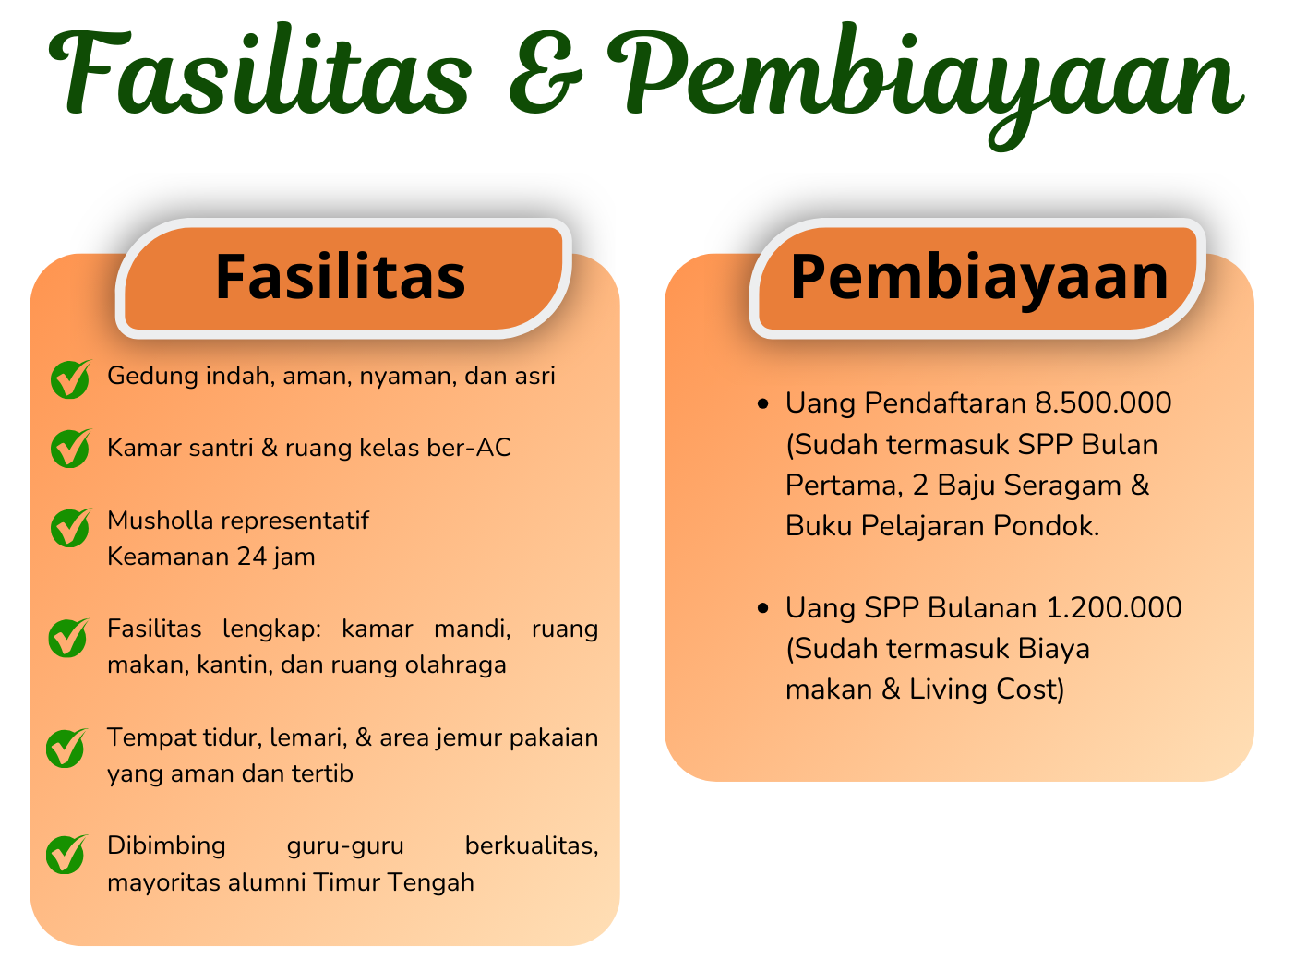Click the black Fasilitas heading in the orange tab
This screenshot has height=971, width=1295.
pyautogui.click(x=340, y=277)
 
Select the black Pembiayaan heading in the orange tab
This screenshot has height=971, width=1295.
pyautogui.click(x=979, y=277)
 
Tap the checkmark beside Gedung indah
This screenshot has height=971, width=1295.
pyautogui.click(x=70, y=378)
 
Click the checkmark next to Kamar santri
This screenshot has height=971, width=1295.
pyautogui.click(x=70, y=449)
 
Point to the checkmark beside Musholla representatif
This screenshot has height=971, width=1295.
pyautogui.click(x=70, y=527)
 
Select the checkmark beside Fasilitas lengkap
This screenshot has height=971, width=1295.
pyautogui.click(x=68, y=637)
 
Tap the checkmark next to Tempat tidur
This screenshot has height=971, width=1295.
pyautogui.click(x=66, y=748)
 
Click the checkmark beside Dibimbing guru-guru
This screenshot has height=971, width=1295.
pyautogui.click(x=66, y=854)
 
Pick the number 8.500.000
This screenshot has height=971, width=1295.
pyautogui.click(x=1103, y=403)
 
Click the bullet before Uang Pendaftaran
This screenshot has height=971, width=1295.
pyautogui.click(x=762, y=403)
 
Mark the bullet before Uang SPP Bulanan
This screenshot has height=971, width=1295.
pyautogui.click(x=762, y=608)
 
